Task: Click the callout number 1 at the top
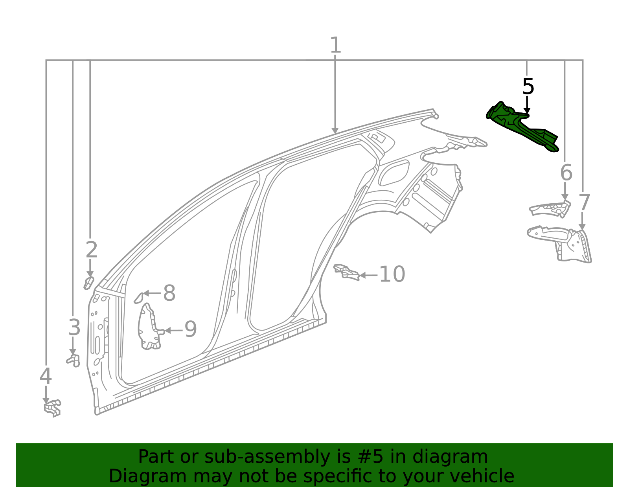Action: tap(335, 46)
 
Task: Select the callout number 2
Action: tap(91, 250)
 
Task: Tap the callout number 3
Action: tap(74, 327)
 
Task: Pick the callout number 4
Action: tap(46, 376)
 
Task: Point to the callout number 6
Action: tap(566, 173)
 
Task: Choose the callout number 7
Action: tap(584, 203)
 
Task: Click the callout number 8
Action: tap(169, 293)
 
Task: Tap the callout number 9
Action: tap(190, 329)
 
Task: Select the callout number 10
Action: tap(392, 274)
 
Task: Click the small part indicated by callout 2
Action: tap(88, 283)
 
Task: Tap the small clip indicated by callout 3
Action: tap(74, 360)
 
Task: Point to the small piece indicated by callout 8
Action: tap(138, 298)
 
